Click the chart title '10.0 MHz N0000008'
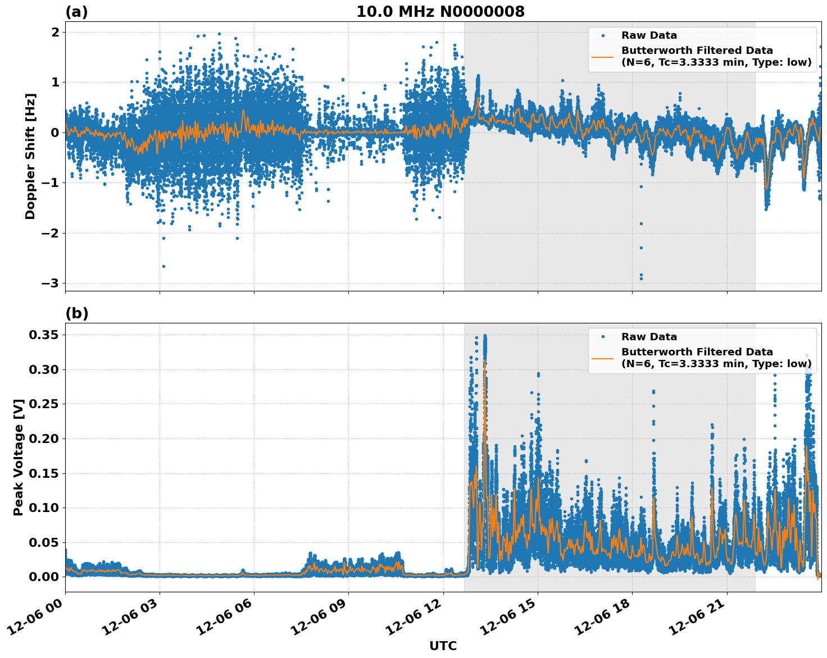440,12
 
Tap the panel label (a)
76,12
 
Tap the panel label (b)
76,313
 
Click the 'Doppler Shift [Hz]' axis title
30,156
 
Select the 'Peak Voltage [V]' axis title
19,457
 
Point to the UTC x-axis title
443,646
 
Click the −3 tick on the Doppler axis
50,283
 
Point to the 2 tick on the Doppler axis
55,32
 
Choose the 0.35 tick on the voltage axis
43,335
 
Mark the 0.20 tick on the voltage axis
43,438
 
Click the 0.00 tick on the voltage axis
43,577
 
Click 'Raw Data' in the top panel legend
649,36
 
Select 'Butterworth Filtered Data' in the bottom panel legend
697,352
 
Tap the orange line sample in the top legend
602,56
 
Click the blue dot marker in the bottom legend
602,337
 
